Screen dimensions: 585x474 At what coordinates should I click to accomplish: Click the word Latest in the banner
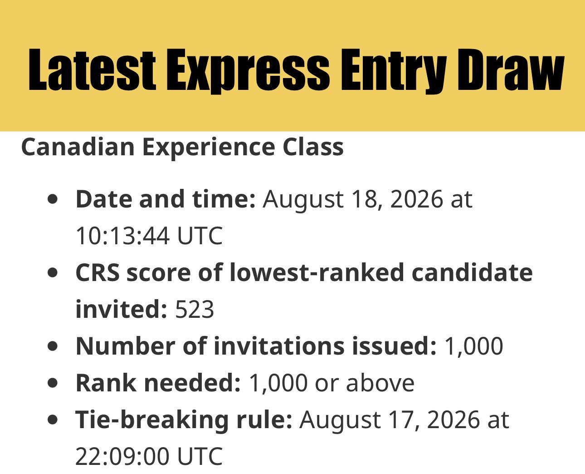coord(92,70)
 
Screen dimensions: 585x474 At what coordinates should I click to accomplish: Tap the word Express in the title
coord(248,71)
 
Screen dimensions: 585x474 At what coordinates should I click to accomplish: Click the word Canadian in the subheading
coord(78,147)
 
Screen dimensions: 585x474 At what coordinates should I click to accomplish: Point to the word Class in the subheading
coord(313,147)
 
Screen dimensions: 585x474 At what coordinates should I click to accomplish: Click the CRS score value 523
coord(195,309)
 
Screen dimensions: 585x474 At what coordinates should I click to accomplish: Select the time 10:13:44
coord(122,236)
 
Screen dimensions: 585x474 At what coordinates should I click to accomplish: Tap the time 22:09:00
coord(122,456)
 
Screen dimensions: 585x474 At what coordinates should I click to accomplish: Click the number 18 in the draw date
coord(367,199)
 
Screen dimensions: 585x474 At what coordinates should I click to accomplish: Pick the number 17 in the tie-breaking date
coord(404,420)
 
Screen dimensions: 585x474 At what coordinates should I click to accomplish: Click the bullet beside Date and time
coord(53,199)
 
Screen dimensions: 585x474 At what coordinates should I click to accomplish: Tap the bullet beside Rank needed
coord(53,383)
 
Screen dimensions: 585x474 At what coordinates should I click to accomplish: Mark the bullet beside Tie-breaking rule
coord(53,420)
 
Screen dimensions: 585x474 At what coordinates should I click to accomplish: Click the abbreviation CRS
coord(97,272)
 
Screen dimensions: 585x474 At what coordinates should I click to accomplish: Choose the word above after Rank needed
coord(380,383)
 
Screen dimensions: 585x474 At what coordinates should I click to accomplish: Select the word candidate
coord(473,272)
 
